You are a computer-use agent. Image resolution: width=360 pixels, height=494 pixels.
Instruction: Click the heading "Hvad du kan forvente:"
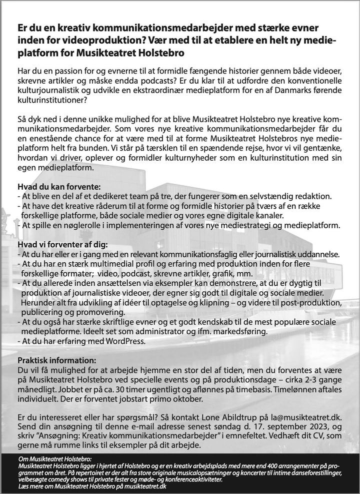coord(55,187)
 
